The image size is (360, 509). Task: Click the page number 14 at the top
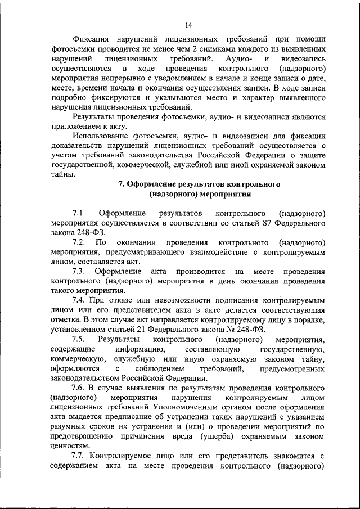tap(187, 24)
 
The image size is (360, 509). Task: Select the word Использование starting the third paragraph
tap(100, 136)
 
